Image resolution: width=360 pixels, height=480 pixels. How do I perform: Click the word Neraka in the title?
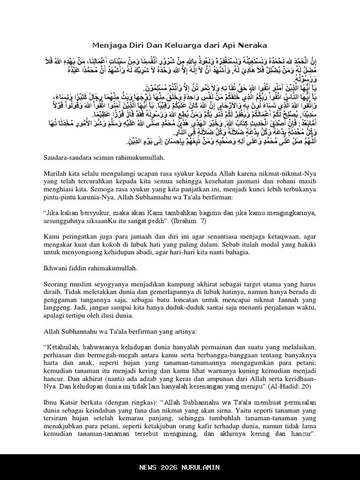(x=252, y=45)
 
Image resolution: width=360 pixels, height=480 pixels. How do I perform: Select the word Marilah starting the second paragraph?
(x=55, y=173)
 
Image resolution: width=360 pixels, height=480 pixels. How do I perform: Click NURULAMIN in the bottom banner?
(x=200, y=467)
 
